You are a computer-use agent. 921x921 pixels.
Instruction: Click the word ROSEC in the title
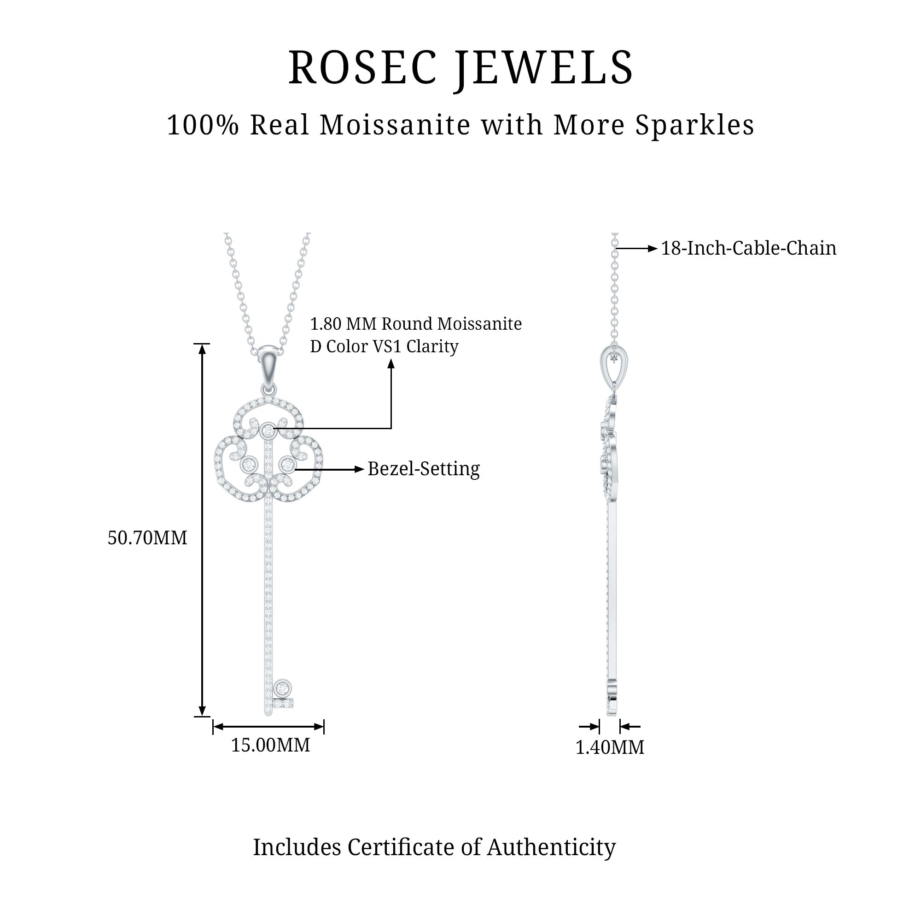362,68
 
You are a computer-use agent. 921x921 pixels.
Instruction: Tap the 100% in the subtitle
203,125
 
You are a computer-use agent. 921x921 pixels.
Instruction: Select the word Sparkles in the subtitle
694,125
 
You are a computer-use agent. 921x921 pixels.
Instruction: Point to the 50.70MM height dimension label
147,538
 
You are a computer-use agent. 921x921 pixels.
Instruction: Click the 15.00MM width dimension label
270,745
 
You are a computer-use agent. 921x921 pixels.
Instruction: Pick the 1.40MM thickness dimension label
610,747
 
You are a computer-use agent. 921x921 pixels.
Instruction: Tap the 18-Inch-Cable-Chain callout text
748,248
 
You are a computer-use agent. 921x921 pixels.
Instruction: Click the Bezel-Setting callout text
423,469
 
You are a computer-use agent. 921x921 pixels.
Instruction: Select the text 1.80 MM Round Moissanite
416,324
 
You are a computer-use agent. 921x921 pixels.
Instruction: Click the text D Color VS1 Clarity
384,347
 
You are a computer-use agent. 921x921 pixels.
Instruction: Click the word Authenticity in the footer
551,848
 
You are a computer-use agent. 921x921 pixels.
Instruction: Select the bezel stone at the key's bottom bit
283,688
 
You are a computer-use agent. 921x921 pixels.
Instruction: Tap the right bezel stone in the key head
287,464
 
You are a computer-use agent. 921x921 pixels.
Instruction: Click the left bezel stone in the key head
249,464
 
